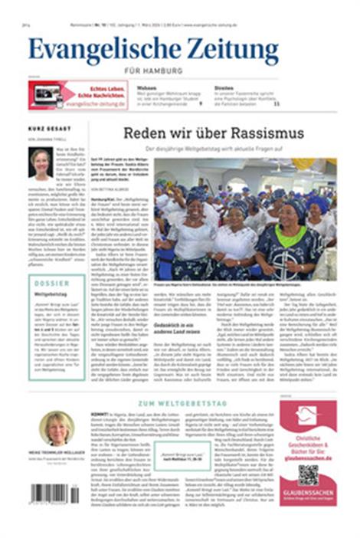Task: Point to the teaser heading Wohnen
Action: (146, 88)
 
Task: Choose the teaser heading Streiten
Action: (223, 88)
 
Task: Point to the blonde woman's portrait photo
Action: (57, 429)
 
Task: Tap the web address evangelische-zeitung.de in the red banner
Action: (96, 104)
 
